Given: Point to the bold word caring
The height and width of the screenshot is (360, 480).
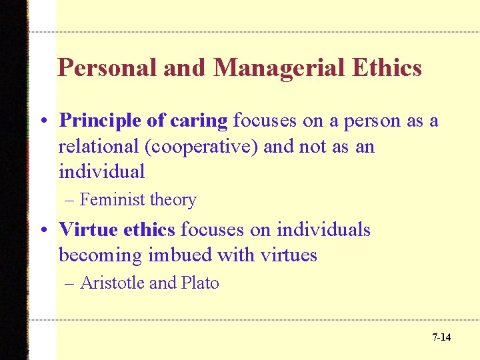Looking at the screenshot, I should pyautogui.click(x=199, y=121).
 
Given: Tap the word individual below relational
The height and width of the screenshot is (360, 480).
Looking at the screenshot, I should pyautogui.click(x=101, y=171).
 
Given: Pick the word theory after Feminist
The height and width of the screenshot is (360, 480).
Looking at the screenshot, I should pyautogui.click(x=173, y=200).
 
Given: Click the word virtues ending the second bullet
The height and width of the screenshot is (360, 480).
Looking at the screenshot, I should pyautogui.click(x=287, y=255).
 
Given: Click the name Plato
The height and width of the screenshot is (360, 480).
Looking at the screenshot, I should pyautogui.click(x=199, y=283).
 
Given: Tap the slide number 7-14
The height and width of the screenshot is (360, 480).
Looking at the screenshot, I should pyautogui.click(x=441, y=337).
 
